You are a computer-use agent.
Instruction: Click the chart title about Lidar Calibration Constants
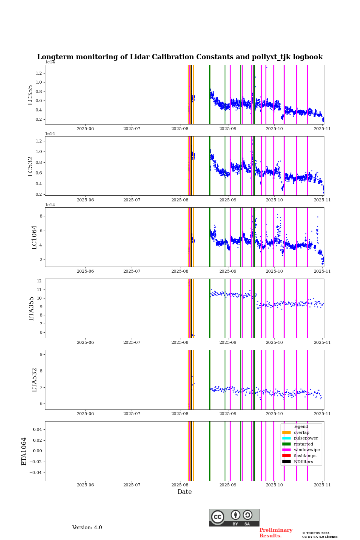(180, 57)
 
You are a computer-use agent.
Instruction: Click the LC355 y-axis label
(30, 95)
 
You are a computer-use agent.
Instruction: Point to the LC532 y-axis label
(30, 166)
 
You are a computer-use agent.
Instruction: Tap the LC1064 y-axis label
(34, 237)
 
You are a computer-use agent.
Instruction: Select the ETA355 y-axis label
(31, 309)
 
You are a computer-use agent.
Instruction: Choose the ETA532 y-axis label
(34, 380)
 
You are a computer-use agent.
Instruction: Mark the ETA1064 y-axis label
(24, 451)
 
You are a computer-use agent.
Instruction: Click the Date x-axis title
(184, 492)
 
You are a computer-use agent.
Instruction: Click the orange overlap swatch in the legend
(286, 432)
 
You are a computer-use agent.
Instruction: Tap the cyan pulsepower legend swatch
(286, 438)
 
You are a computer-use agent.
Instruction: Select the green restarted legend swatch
(286, 444)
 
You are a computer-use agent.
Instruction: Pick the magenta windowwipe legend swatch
(286, 450)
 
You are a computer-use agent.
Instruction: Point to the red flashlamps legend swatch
(286, 456)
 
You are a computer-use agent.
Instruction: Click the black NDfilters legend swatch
(286, 462)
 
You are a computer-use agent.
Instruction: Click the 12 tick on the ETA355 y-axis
(39, 281)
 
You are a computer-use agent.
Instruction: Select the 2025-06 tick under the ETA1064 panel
(85, 485)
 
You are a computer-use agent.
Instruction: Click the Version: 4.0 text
(87, 528)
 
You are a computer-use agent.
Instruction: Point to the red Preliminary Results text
(276, 533)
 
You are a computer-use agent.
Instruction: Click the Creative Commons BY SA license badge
(234, 517)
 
